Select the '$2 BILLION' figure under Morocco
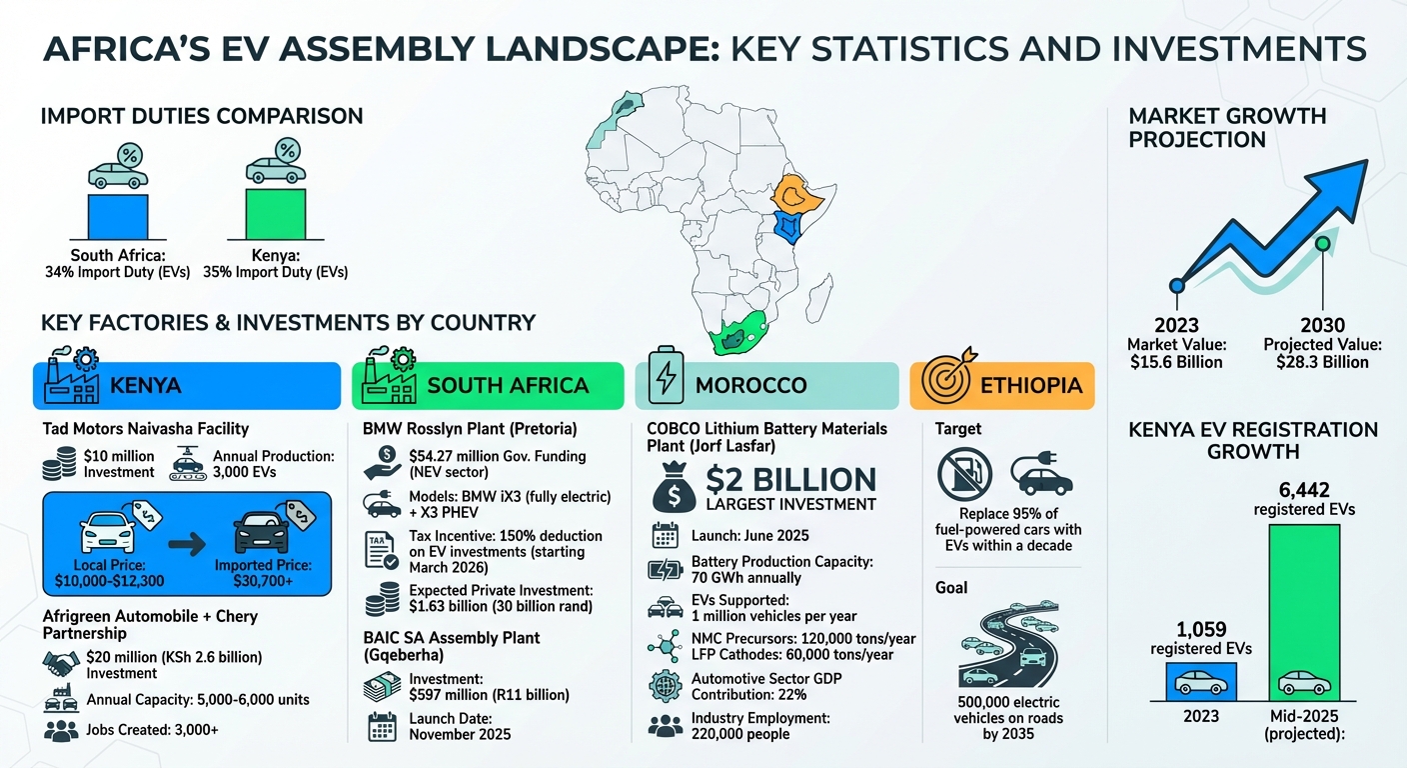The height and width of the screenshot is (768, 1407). [x=790, y=478]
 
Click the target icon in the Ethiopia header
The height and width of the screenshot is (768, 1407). [x=944, y=384]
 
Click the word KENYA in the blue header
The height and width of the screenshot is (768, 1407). [x=146, y=386]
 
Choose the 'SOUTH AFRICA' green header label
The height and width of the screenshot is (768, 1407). [x=508, y=386]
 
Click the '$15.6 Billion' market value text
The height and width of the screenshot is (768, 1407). [x=1176, y=362]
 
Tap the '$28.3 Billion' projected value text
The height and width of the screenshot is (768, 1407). [x=1324, y=362]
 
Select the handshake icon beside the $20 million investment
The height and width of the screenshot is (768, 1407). [x=62, y=661]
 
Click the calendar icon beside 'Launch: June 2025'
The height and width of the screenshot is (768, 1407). [x=665, y=534]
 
